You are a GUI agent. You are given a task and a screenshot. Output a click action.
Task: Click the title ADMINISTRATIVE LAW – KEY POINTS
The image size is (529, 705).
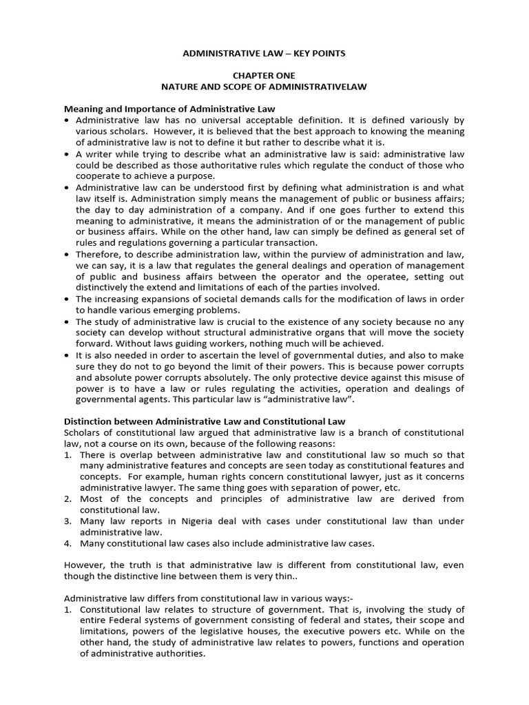pyautogui.click(x=264, y=52)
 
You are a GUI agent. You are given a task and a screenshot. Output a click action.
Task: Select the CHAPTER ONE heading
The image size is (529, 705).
pyautogui.click(x=264, y=76)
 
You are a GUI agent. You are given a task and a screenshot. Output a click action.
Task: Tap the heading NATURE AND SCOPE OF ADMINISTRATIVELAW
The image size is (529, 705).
pyautogui.click(x=264, y=87)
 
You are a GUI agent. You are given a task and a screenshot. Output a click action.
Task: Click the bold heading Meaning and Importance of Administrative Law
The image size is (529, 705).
pyautogui.click(x=169, y=109)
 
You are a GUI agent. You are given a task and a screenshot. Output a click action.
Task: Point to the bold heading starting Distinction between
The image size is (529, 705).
pyautogui.click(x=205, y=421)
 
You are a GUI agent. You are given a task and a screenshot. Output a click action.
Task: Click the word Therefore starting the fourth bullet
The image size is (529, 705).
pyautogui.click(x=101, y=254)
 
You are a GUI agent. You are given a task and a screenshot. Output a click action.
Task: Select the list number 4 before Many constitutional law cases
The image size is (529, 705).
pyautogui.click(x=68, y=543)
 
